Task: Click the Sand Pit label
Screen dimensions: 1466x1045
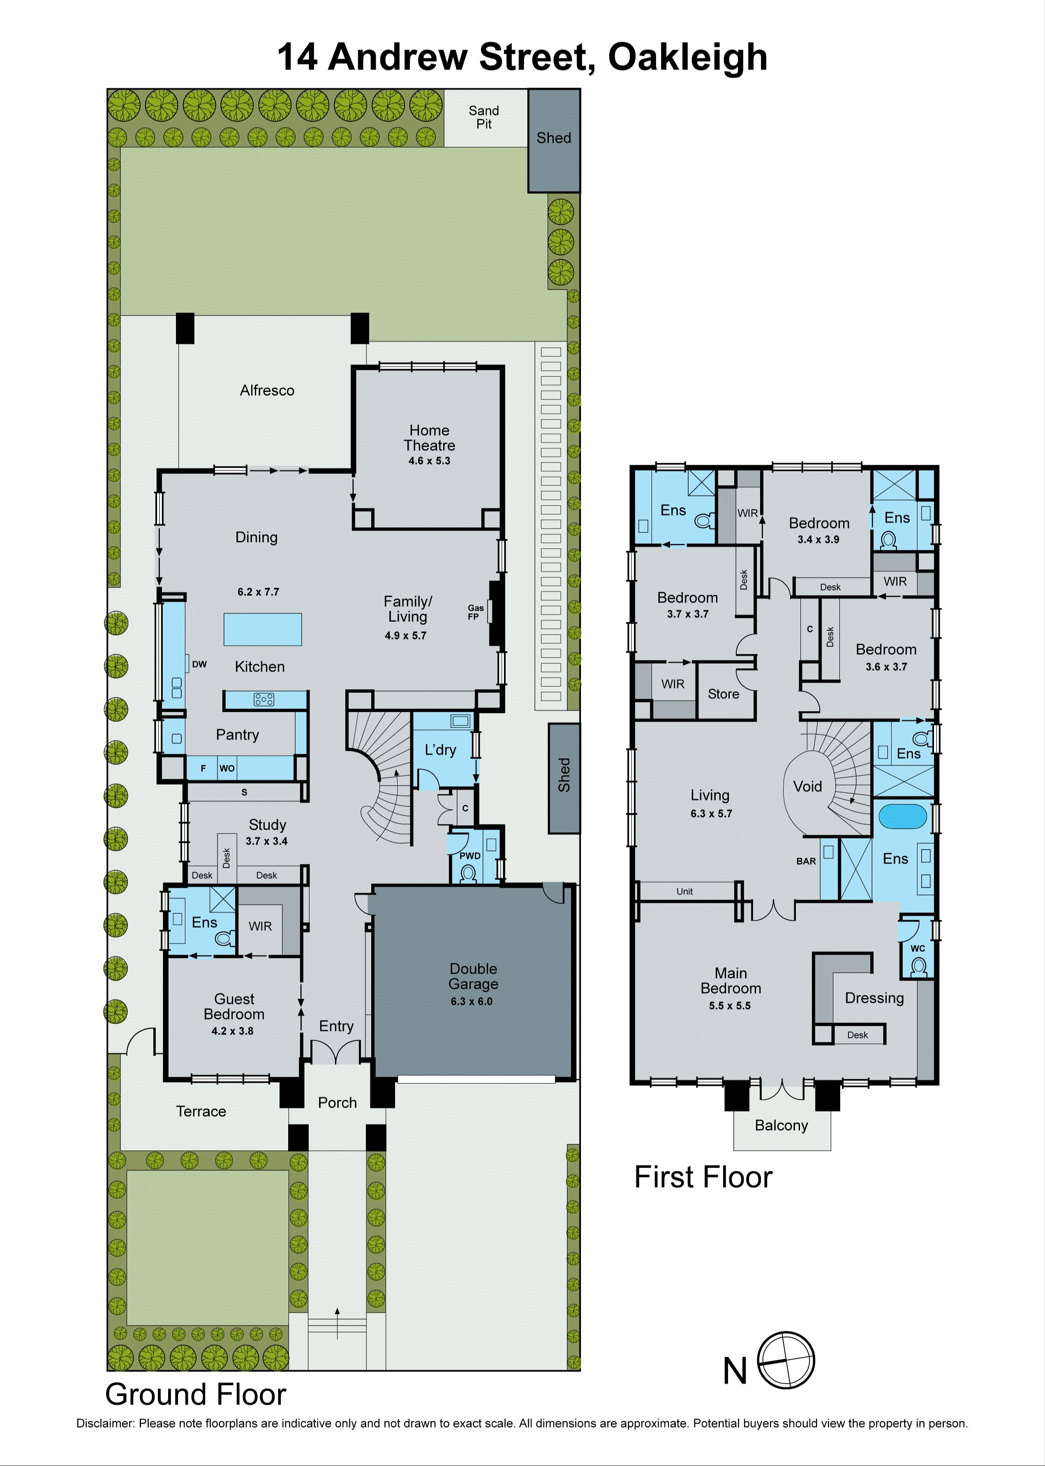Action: click(x=483, y=117)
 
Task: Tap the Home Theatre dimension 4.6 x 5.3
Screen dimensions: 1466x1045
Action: click(x=429, y=461)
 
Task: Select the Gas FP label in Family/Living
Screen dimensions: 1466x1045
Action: click(x=476, y=612)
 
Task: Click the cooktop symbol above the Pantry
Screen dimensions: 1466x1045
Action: click(x=264, y=699)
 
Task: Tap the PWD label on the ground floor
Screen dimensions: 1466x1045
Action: click(x=470, y=856)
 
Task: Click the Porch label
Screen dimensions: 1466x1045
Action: click(x=337, y=1103)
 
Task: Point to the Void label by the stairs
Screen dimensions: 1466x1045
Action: click(x=807, y=786)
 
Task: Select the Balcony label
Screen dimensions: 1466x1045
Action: click(x=781, y=1125)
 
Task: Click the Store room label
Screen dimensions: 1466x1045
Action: click(x=723, y=694)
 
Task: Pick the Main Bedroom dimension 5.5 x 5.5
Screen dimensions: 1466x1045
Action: click(x=730, y=1005)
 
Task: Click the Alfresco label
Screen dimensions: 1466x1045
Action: click(x=267, y=390)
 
